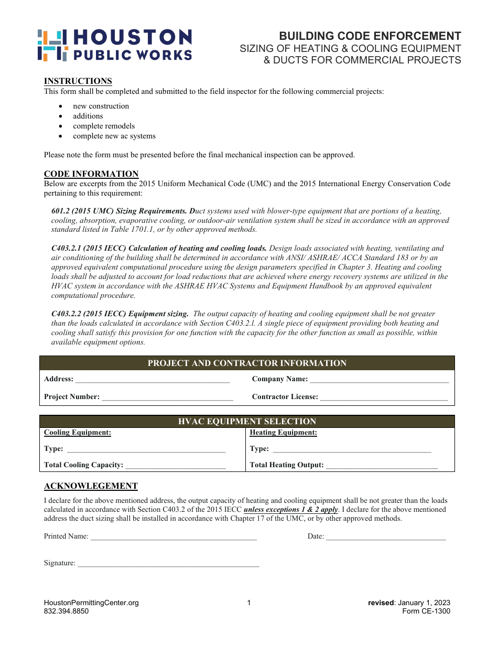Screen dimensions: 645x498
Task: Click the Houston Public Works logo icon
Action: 52,45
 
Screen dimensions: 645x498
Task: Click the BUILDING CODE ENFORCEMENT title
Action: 370,36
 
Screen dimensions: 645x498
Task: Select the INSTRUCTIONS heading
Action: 78,81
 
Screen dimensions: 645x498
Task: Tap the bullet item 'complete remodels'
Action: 104,126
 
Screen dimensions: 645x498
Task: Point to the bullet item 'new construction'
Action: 101,106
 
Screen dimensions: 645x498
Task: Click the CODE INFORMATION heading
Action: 91,174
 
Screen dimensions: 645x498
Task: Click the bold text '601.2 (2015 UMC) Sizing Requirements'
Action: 119,211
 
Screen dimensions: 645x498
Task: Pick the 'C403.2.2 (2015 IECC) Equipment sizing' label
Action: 120,314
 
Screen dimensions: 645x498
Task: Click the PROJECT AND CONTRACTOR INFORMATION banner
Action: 247,363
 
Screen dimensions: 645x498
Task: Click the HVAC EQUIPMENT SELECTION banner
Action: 247,422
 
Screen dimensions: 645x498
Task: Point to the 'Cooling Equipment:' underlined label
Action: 78,433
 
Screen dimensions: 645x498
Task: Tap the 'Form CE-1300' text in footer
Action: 426,611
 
